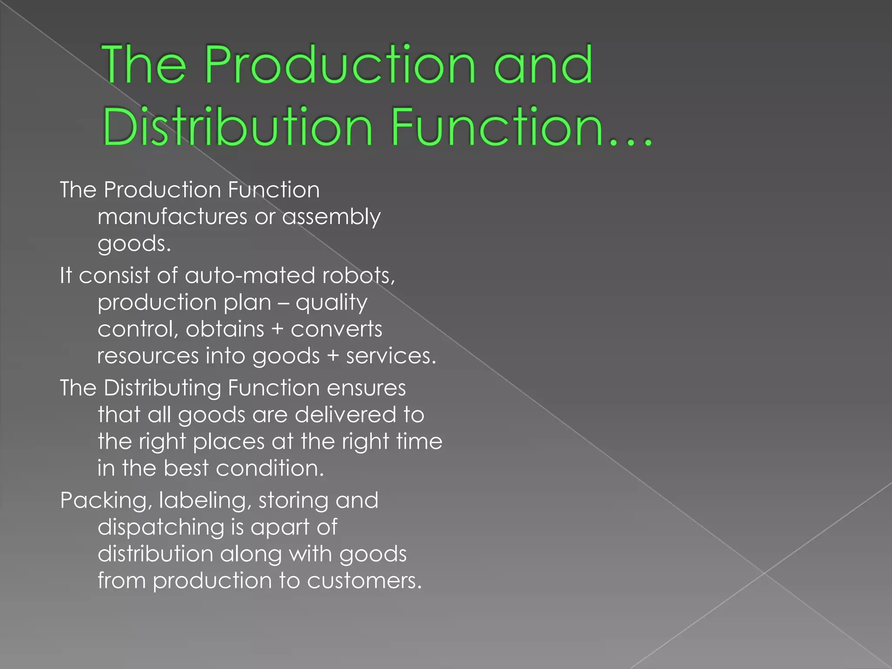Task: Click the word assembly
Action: tap(331, 217)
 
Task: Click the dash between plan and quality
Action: tap(283, 303)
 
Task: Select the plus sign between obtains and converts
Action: tap(277, 329)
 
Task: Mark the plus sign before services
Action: tap(333, 356)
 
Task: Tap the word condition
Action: tap(270, 469)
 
